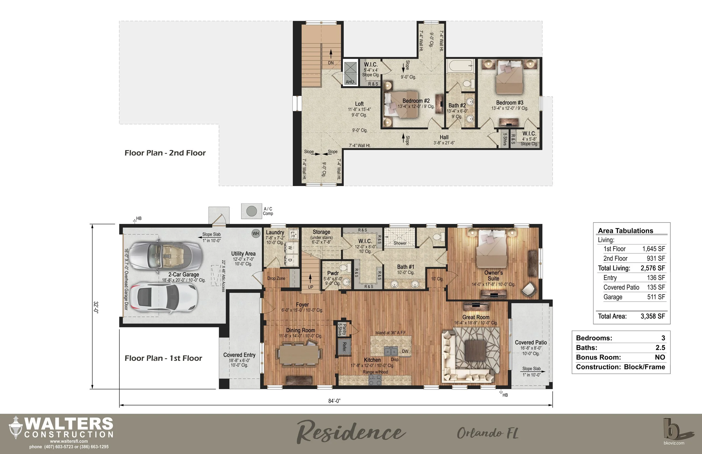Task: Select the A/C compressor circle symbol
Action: [251, 211]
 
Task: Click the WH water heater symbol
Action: [256, 233]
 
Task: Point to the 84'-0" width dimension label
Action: [334, 401]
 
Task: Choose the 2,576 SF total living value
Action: [653, 268]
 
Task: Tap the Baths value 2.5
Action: [660, 348]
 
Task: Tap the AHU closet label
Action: [350, 82]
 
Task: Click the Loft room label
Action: [359, 104]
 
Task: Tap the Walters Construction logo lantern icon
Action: [16, 427]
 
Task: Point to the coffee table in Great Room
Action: [476, 350]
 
